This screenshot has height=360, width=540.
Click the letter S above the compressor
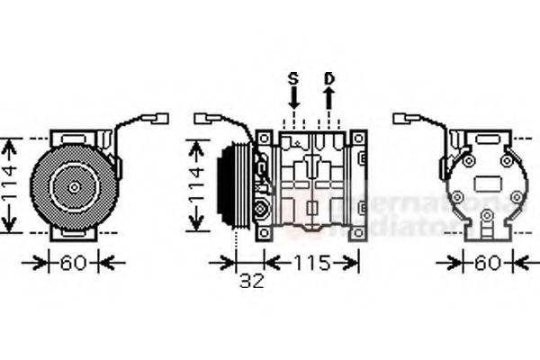click(292, 78)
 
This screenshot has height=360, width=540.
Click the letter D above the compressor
click(329, 78)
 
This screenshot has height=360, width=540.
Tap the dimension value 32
click(252, 281)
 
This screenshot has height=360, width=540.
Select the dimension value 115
click(309, 262)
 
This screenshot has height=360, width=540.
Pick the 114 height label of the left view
click(10, 185)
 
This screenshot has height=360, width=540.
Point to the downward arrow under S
click(292, 101)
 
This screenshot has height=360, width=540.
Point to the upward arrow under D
click(329, 101)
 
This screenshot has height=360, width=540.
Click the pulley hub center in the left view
click(71, 186)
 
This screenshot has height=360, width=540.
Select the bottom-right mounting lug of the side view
click(358, 231)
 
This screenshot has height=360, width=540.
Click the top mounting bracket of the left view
click(72, 137)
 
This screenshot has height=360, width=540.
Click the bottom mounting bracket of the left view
click(72, 233)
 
